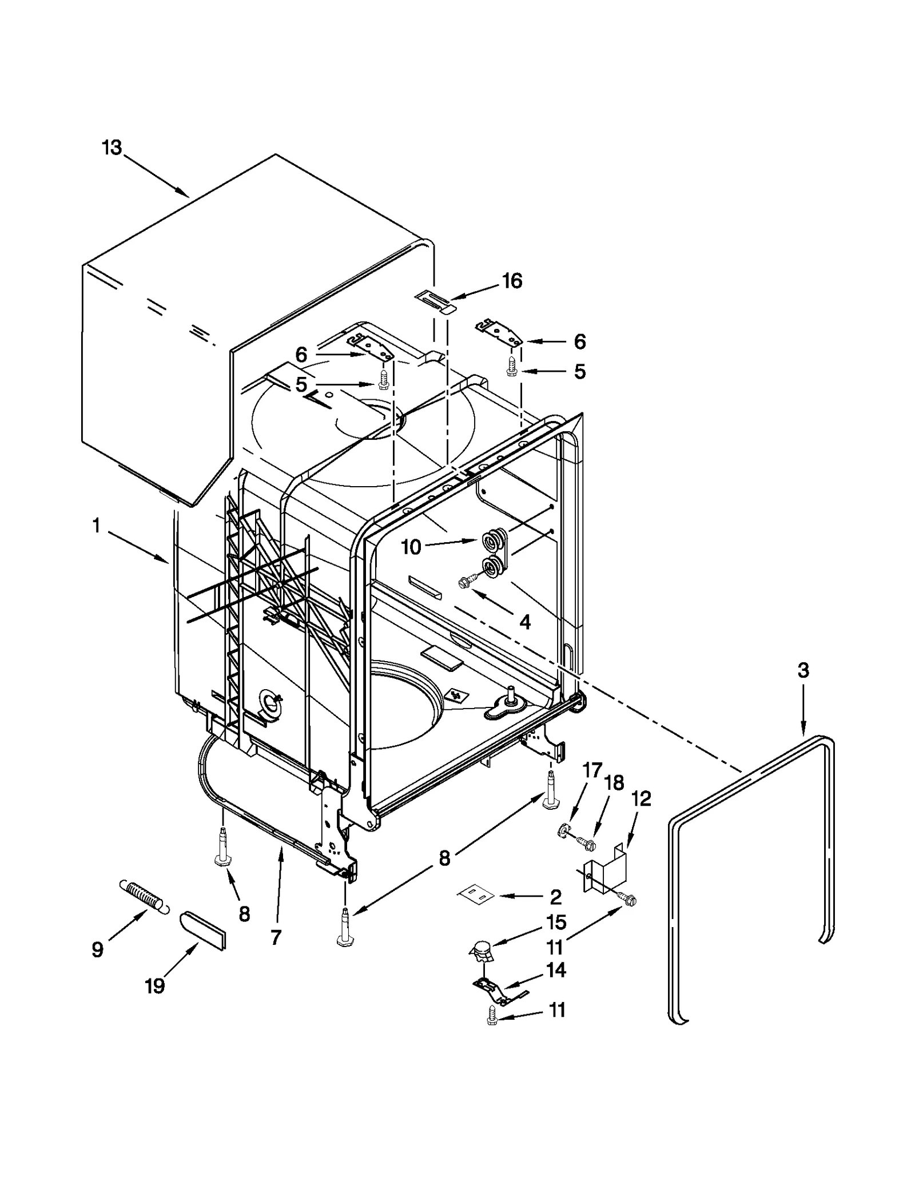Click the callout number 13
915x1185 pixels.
click(112, 148)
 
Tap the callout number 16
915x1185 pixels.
click(512, 281)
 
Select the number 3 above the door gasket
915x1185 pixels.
click(803, 670)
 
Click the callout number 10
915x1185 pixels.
click(411, 547)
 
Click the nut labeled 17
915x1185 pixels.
click(563, 830)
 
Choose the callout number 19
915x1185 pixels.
click(154, 985)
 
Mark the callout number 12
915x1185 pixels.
click(641, 798)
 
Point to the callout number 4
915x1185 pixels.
click(524, 622)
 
